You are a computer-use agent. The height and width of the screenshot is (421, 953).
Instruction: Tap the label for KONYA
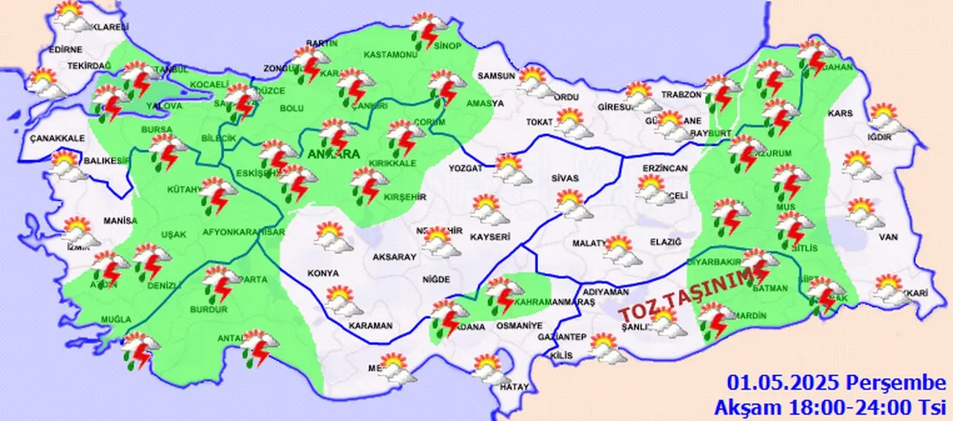(x=322, y=273)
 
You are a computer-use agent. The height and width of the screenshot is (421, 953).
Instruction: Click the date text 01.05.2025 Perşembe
(x=836, y=384)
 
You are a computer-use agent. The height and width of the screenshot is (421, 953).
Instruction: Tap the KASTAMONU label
(x=389, y=55)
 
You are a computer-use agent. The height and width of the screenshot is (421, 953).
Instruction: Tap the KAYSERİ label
(x=489, y=237)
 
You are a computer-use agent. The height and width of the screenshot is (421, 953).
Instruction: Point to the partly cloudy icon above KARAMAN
(x=343, y=301)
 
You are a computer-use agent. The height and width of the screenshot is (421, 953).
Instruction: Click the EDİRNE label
(x=65, y=50)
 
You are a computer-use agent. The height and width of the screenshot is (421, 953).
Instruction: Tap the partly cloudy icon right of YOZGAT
(x=511, y=169)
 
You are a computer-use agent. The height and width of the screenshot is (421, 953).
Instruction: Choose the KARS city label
(x=840, y=114)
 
